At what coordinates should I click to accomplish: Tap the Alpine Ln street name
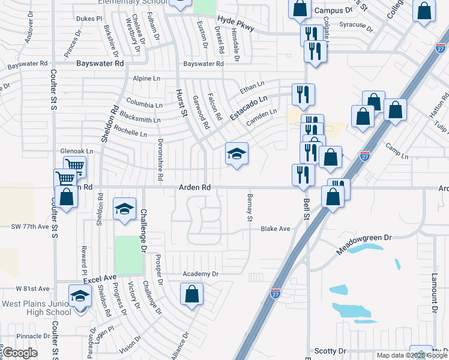146,79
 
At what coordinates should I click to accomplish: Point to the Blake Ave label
275,229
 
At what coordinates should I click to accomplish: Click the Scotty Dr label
331,350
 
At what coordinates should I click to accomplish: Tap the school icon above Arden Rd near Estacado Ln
237,154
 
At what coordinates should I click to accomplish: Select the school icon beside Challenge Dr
125,209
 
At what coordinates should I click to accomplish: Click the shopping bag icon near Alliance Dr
191,294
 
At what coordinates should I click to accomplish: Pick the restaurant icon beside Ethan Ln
303,94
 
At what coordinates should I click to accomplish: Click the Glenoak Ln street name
77,151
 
